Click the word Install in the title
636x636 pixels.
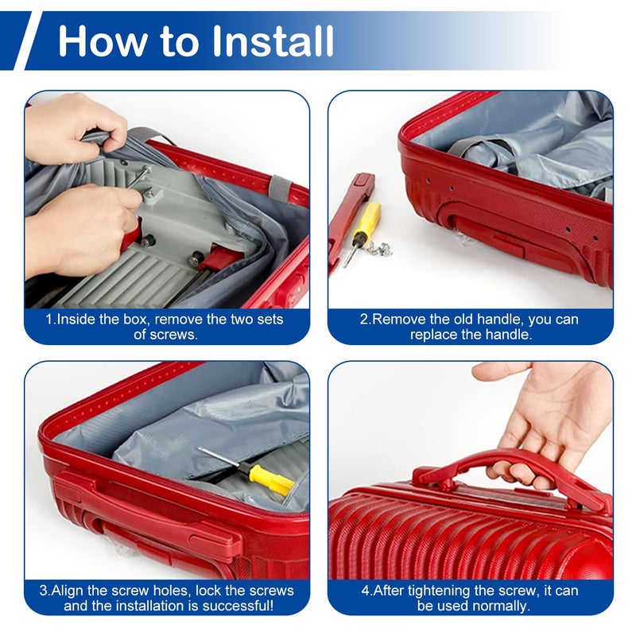point(273,41)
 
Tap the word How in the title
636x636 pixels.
point(103,41)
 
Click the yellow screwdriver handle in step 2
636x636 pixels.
point(367,219)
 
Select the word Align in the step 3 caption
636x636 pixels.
point(68,590)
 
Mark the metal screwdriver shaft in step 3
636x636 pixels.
point(219,456)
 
